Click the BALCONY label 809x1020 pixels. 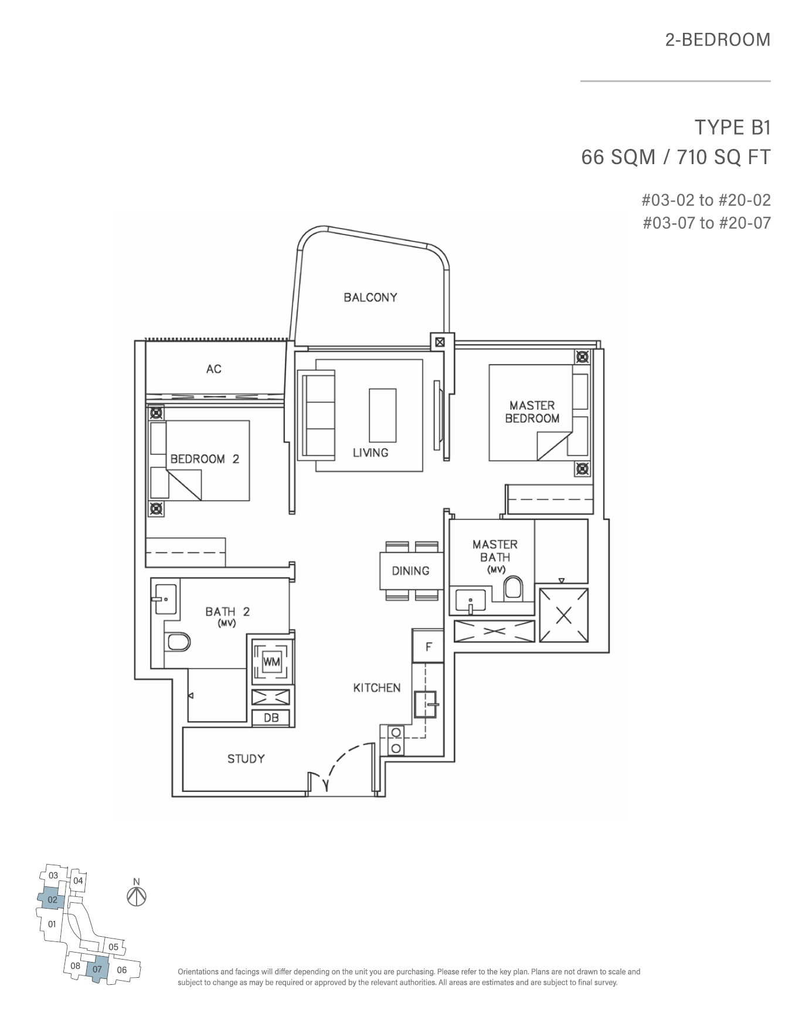370,297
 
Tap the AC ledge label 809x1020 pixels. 214,369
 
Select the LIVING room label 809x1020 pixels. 370,453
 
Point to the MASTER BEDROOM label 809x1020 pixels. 532,412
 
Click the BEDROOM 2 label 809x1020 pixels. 205,459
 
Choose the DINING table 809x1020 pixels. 410,570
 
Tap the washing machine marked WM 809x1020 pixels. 271,662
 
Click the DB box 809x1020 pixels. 271,718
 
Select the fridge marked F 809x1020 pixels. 429,647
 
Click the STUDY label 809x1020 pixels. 246,759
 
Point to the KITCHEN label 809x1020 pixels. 377,688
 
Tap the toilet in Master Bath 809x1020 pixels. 514,588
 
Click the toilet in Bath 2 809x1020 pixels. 178,642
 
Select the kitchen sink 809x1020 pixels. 427,705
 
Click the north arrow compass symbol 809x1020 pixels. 137,896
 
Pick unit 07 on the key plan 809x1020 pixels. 97,968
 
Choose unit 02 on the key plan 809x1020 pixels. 52,899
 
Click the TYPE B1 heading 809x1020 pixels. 732,127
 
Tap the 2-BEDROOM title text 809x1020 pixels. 718,40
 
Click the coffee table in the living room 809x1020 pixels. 382,415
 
